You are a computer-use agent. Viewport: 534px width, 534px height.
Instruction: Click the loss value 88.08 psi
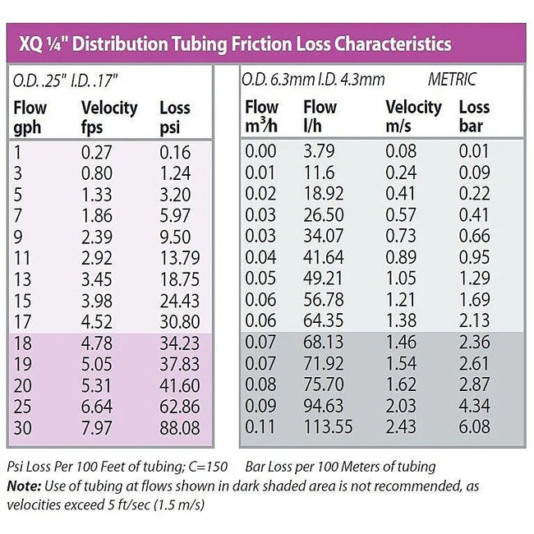(178, 427)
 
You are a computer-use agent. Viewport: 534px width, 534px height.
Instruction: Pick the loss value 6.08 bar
(475, 427)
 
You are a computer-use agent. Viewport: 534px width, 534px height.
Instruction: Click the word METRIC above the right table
(452, 80)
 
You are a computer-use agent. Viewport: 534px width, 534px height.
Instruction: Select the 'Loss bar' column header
(473, 117)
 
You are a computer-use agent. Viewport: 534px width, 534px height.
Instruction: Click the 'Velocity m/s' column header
(413, 117)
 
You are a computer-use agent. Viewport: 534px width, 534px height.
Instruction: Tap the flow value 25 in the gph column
(24, 408)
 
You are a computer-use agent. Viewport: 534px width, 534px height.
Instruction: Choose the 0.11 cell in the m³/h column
(262, 427)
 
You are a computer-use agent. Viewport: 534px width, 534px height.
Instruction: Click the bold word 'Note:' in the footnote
(25, 486)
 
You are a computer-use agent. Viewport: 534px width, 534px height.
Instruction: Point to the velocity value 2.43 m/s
(403, 427)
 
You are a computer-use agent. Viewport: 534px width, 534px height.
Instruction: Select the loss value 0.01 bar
(475, 151)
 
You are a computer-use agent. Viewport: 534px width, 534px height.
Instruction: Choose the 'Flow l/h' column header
(320, 117)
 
